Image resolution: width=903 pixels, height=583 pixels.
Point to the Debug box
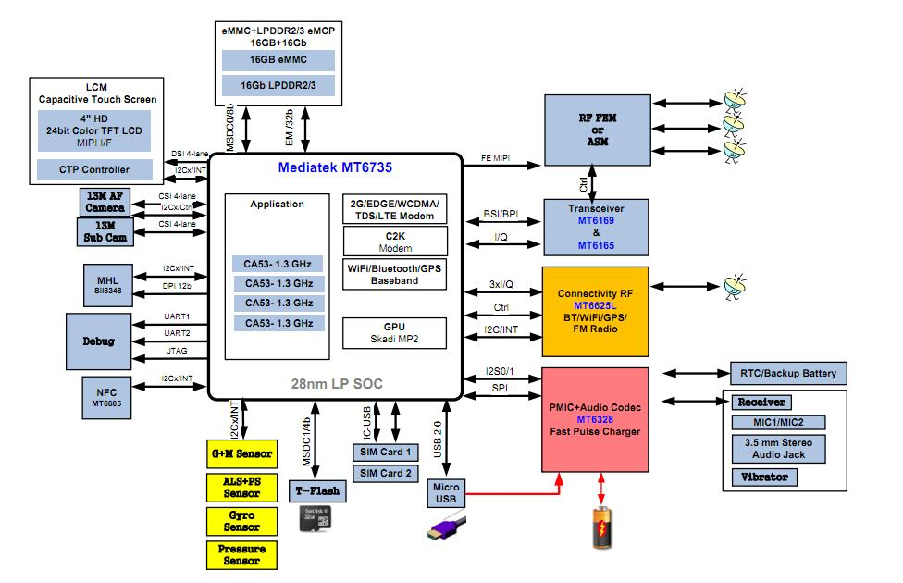[x=98, y=341]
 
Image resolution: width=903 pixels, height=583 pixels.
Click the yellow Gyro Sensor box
[x=241, y=521]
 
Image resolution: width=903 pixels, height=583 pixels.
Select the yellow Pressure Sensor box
[x=241, y=554]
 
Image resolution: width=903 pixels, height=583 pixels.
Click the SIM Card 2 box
[x=387, y=473]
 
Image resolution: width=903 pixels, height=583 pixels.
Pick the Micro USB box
[x=446, y=493]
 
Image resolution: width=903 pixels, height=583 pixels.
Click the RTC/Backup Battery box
[x=788, y=374]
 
